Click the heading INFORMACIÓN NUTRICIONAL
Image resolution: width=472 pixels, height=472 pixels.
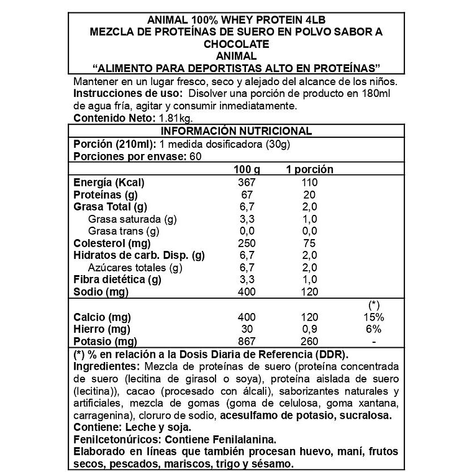click(x=235, y=131)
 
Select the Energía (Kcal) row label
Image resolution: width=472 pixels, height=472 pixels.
click(x=109, y=183)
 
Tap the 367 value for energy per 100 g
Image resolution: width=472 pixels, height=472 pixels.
click(x=247, y=183)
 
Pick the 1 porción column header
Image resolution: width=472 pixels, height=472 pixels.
click(x=309, y=170)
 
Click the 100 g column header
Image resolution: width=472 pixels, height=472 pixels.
click(x=247, y=170)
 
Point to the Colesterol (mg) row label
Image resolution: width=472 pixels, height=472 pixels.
click(x=112, y=243)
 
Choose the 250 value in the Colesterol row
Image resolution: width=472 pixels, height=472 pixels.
click(x=247, y=243)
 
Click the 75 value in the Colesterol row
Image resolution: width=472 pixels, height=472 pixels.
click(x=309, y=243)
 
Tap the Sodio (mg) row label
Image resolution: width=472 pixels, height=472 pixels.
click(x=99, y=292)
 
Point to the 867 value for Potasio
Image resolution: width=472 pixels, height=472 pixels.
click(x=247, y=342)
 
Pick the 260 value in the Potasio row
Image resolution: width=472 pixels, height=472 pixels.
click(x=309, y=342)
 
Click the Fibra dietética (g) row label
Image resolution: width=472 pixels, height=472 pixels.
click(x=117, y=280)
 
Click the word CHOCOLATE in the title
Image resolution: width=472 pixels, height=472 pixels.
click(x=235, y=44)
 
